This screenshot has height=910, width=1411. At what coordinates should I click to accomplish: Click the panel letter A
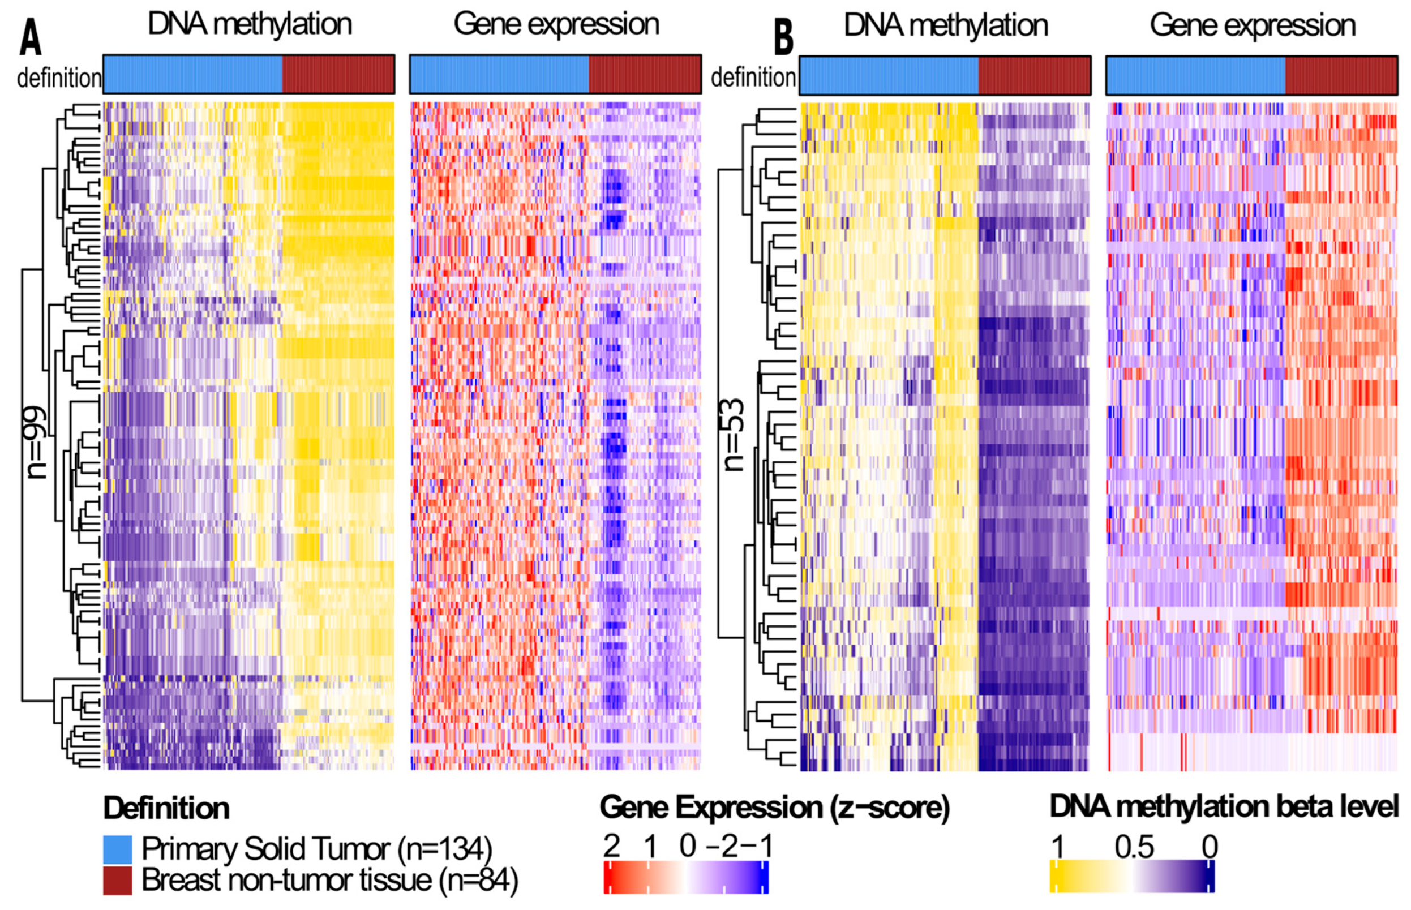point(31,37)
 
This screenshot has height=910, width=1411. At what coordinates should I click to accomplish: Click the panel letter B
point(783,37)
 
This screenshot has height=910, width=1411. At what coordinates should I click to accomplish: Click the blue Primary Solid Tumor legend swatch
point(117,849)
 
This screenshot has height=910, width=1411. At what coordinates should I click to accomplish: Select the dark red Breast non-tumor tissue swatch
point(117,881)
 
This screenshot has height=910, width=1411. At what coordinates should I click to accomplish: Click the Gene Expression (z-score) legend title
point(774,808)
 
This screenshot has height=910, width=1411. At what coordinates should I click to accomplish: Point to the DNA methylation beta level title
point(1224,807)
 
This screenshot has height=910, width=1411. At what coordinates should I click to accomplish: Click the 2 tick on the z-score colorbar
point(612,847)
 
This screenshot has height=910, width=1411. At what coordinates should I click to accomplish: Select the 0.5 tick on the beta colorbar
point(1134,847)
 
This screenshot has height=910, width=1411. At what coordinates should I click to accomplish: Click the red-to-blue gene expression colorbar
point(686,877)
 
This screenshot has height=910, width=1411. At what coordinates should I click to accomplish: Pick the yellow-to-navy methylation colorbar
point(1132,877)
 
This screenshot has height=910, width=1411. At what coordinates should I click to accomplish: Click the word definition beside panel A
point(59,78)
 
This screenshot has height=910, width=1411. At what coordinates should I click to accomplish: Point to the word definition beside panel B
point(753,78)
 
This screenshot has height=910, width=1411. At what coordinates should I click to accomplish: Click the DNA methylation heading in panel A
point(250,25)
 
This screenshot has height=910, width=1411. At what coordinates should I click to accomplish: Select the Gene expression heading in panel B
point(1252,25)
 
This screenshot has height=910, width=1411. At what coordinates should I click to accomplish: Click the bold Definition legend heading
point(166,808)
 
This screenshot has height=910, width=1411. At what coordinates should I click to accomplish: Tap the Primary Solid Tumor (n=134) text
point(316,849)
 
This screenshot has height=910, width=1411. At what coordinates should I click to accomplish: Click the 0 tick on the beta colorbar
point(1210,847)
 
